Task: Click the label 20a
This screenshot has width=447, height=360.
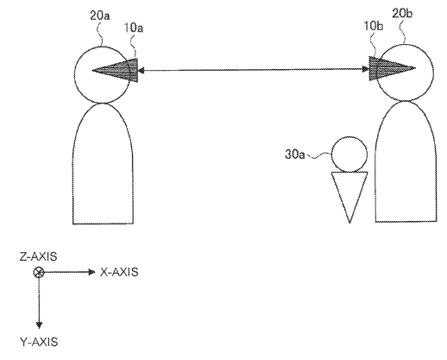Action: [100, 16]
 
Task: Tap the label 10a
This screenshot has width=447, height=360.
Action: [134, 28]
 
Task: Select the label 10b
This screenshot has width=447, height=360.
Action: [374, 26]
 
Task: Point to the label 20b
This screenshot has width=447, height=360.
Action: [402, 14]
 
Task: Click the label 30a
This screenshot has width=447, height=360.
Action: [295, 155]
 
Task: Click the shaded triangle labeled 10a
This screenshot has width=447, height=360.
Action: [121, 70]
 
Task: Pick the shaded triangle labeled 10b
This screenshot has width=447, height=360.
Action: [388, 68]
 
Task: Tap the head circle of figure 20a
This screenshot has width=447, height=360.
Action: [74, 74]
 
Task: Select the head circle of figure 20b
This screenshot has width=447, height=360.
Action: [433, 72]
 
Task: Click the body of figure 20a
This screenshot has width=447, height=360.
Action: [72, 173]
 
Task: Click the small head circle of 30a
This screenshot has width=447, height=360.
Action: [331, 155]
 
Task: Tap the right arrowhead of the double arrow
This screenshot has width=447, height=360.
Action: [366, 69]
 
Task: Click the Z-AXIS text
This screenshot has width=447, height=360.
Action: [38, 256]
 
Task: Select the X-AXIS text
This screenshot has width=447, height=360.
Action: [119, 272]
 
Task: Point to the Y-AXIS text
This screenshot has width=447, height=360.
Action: [39, 342]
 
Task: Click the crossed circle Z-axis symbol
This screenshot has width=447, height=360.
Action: [39, 272]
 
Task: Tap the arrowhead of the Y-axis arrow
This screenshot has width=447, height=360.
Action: [39, 325]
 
